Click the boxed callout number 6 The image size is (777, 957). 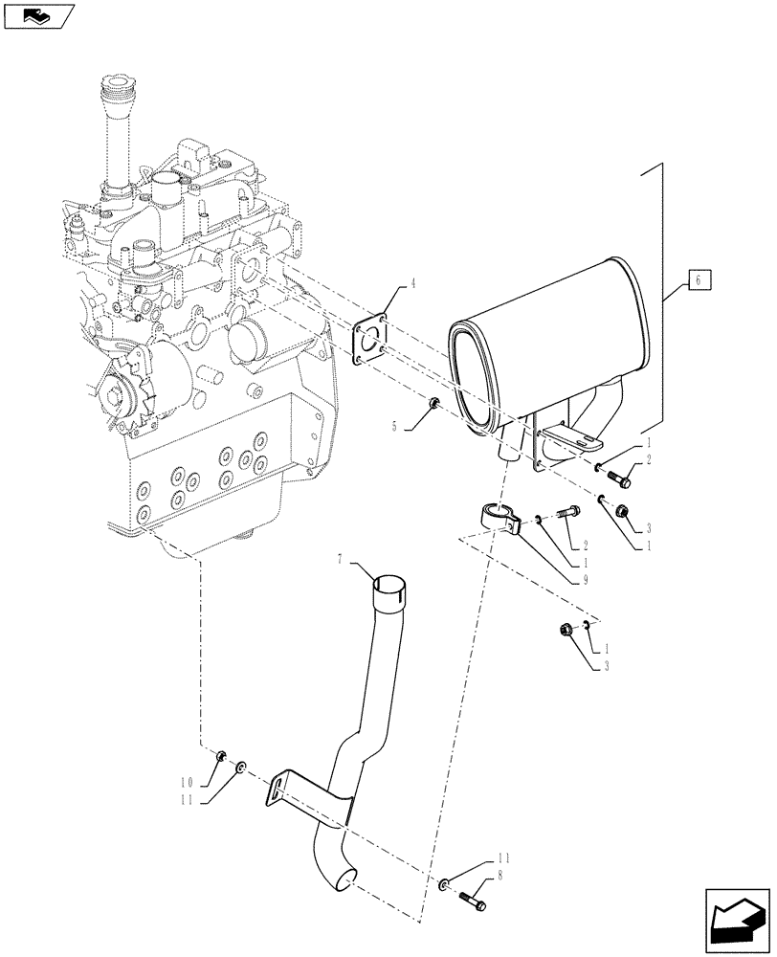coord(699,281)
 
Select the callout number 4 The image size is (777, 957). coord(387,283)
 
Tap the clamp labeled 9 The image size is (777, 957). coord(500,517)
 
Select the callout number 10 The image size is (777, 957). coord(189,781)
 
